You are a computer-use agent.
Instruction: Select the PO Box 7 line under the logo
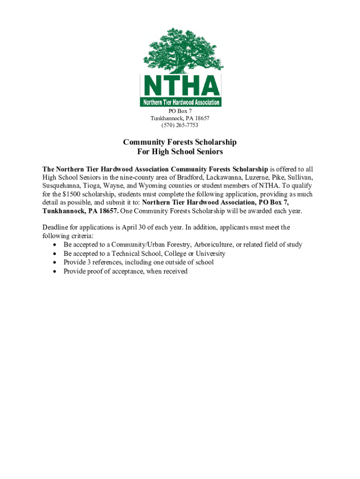180,111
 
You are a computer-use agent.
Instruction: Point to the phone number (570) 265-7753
180,125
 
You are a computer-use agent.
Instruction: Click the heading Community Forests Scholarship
180,142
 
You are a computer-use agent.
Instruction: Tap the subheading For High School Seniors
180,152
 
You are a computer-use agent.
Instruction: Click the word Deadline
57,228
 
